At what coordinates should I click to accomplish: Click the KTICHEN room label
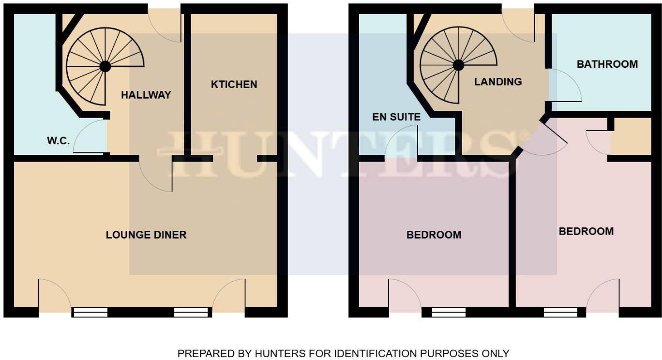(234, 85)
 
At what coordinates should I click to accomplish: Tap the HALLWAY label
(146, 95)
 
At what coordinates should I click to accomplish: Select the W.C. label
(59, 141)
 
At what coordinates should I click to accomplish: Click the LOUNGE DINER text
(146, 235)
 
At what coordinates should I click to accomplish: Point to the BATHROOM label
(607, 64)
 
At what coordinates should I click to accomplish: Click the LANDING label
(498, 82)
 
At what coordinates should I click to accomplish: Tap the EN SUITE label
(396, 117)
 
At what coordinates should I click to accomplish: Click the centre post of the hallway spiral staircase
(105, 66)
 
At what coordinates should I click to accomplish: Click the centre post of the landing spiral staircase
(458, 65)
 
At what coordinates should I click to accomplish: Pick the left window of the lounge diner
(90, 313)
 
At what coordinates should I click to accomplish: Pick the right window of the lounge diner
(193, 313)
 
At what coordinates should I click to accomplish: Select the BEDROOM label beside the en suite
(434, 235)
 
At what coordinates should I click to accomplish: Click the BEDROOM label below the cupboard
(586, 232)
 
